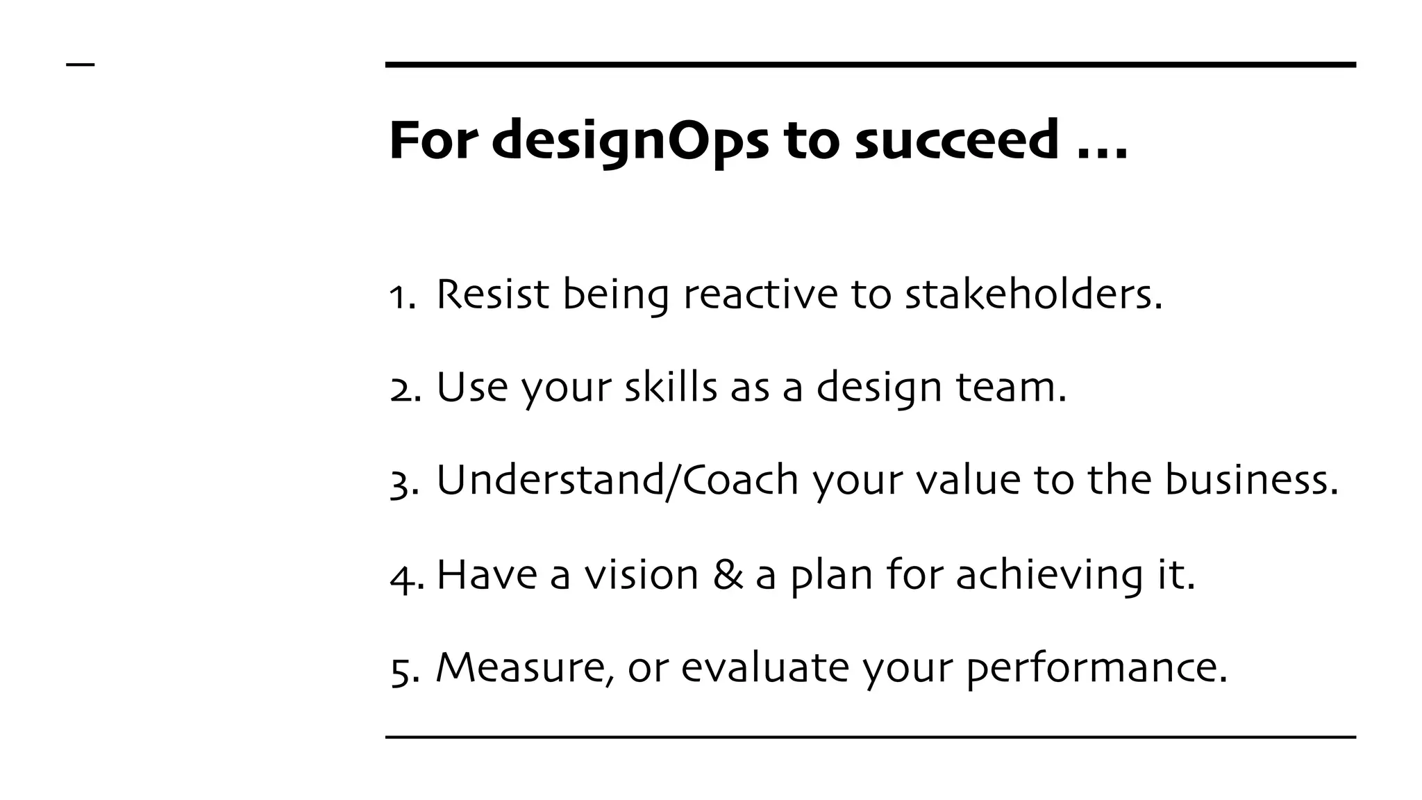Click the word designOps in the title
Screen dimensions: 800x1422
630,141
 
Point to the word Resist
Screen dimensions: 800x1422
492,294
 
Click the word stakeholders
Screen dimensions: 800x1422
1032,294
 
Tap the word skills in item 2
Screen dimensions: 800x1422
671,387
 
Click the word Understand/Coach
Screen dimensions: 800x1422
617,480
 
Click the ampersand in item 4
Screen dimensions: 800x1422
728,575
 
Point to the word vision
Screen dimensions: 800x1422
641,575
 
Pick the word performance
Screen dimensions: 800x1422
1096,669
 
